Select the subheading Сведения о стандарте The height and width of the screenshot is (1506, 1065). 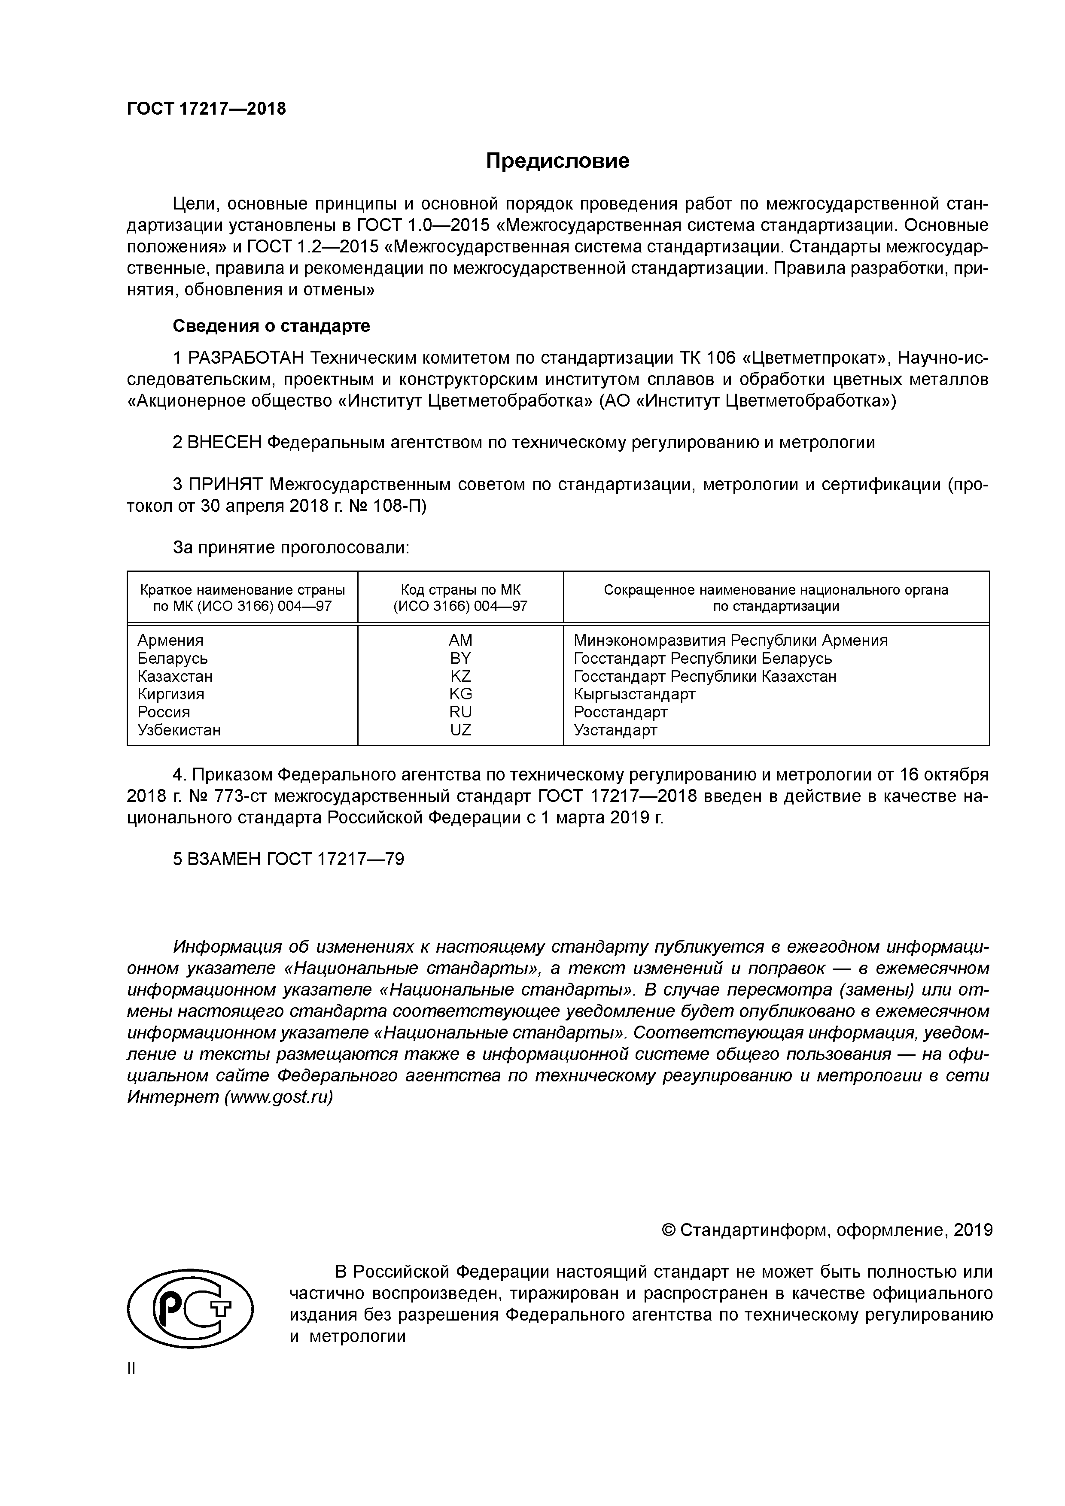(x=271, y=326)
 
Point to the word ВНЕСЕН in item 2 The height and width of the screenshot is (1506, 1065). (x=225, y=443)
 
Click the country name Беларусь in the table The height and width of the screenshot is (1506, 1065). (x=173, y=659)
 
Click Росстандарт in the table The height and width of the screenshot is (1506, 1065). (x=620, y=712)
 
